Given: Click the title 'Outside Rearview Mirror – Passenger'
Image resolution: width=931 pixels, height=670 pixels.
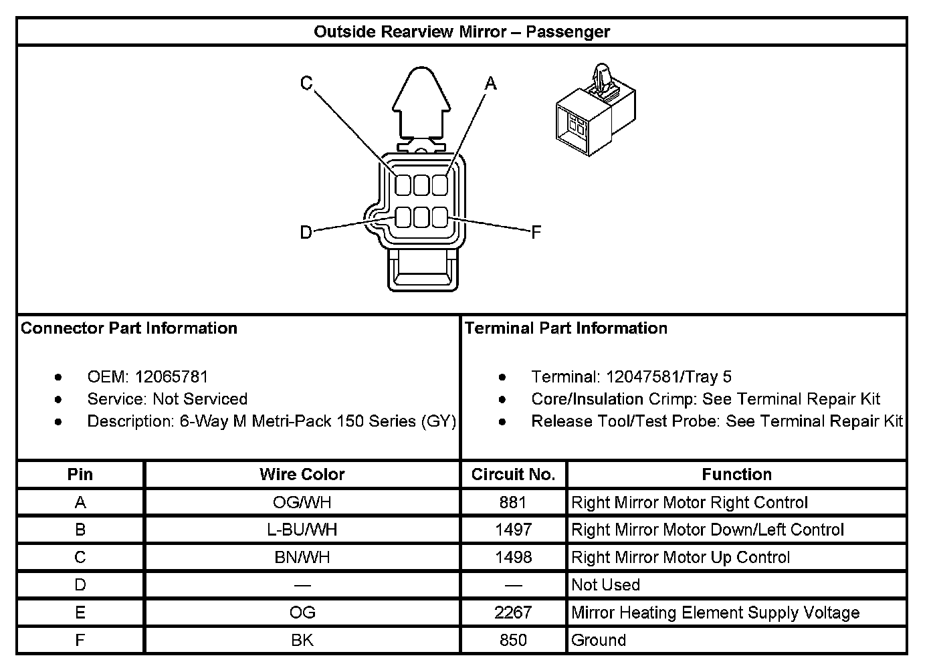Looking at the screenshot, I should tap(461, 31).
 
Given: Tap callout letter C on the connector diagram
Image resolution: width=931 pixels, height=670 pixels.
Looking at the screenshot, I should tap(306, 84).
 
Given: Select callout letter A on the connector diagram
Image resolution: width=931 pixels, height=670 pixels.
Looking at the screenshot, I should tap(491, 84).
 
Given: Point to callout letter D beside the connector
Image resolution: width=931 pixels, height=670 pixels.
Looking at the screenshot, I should tap(306, 233).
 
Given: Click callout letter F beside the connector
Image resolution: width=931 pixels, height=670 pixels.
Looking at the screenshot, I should tap(536, 233).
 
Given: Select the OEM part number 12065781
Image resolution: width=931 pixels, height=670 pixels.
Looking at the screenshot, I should tap(171, 376).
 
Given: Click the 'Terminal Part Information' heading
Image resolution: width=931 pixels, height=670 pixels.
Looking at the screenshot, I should tap(566, 328).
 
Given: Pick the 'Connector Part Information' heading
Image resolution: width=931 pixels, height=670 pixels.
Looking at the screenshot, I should tap(129, 328).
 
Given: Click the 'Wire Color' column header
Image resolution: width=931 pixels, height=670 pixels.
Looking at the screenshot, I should tap(302, 475).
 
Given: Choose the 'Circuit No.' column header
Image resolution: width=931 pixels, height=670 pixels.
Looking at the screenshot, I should tap(513, 475).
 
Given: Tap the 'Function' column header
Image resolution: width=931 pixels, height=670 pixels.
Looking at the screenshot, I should tap(736, 475).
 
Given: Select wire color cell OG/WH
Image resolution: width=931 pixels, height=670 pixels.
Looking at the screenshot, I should tap(302, 502).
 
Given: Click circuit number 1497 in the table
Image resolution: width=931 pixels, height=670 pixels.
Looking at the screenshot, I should tap(513, 530).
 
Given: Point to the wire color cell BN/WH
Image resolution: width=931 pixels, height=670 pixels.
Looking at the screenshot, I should tap(302, 558).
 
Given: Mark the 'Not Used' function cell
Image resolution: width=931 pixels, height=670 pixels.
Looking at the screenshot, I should tap(605, 585).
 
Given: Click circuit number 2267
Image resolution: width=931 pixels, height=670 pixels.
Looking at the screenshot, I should tap(513, 612).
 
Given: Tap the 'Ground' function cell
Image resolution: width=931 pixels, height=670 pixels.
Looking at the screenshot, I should tap(599, 640).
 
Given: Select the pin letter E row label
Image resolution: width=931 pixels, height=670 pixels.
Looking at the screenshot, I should tap(80, 612).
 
